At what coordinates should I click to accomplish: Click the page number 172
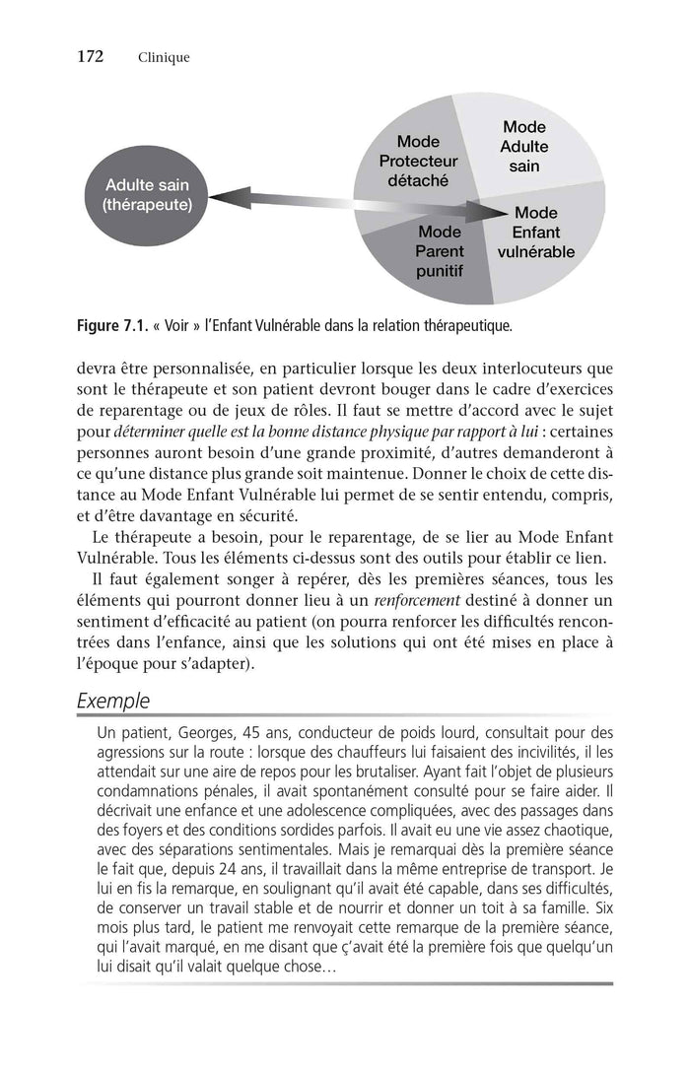[90, 56]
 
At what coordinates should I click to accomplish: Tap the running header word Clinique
[164, 57]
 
